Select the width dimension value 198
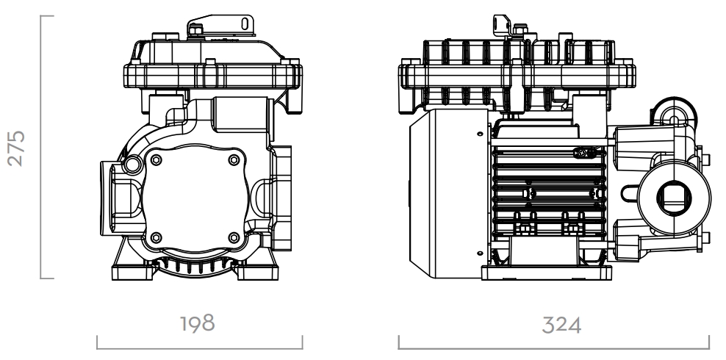[x=198, y=323]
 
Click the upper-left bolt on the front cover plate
[x=155, y=160]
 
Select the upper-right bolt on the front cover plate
[x=234, y=160]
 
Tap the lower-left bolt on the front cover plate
[x=155, y=237]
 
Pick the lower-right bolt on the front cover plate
[x=234, y=237]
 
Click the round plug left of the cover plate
[x=135, y=163]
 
